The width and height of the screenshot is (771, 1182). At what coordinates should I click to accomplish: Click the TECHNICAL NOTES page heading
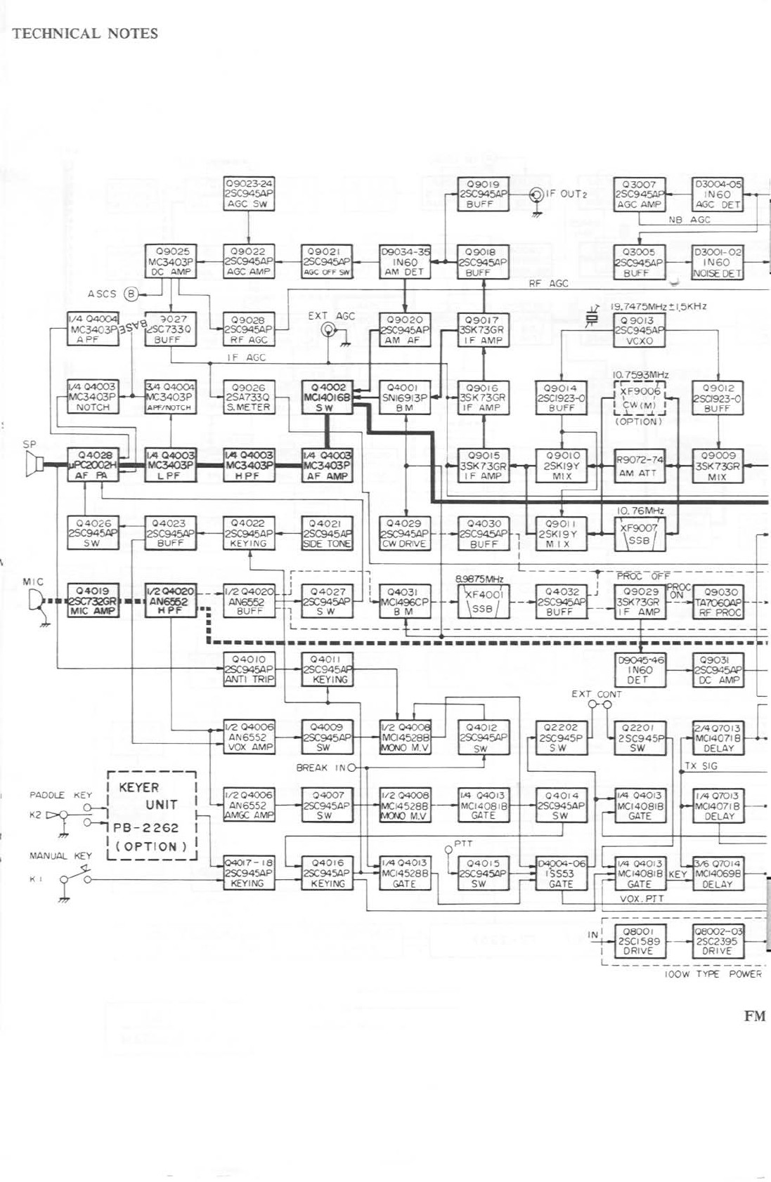[84, 33]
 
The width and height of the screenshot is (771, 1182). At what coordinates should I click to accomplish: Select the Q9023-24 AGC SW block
[249, 194]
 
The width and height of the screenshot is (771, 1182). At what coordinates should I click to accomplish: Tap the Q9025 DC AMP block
[171, 262]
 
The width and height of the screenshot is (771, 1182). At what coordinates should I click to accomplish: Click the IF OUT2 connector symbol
[537, 194]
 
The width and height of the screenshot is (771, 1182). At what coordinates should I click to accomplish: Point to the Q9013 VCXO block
[638, 330]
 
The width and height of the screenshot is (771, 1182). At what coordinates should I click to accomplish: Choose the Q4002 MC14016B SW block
[327, 398]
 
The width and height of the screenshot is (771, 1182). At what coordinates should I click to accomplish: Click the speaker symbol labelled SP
[32, 464]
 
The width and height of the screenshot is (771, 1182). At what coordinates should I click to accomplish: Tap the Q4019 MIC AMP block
[93, 601]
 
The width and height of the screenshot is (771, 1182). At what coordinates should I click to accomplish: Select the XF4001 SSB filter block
[484, 603]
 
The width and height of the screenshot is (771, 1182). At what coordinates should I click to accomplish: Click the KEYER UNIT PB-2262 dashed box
[151, 815]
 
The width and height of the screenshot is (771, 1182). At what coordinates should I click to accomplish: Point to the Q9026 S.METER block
[248, 398]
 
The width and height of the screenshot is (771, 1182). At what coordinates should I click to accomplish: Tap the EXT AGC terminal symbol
[328, 330]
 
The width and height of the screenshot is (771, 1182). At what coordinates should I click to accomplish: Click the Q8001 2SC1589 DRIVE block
[638, 941]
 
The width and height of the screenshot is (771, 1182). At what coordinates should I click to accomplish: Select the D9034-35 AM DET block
[405, 262]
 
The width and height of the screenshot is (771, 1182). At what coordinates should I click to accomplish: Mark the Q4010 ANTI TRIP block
[249, 670]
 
